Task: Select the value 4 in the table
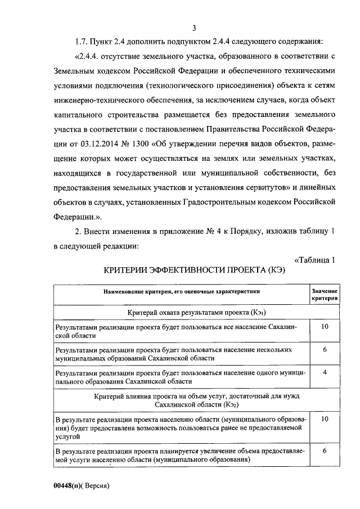[x=325, y=373]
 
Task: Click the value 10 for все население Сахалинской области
[x=325, y=327]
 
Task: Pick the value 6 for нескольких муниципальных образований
[x=325, y=350]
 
